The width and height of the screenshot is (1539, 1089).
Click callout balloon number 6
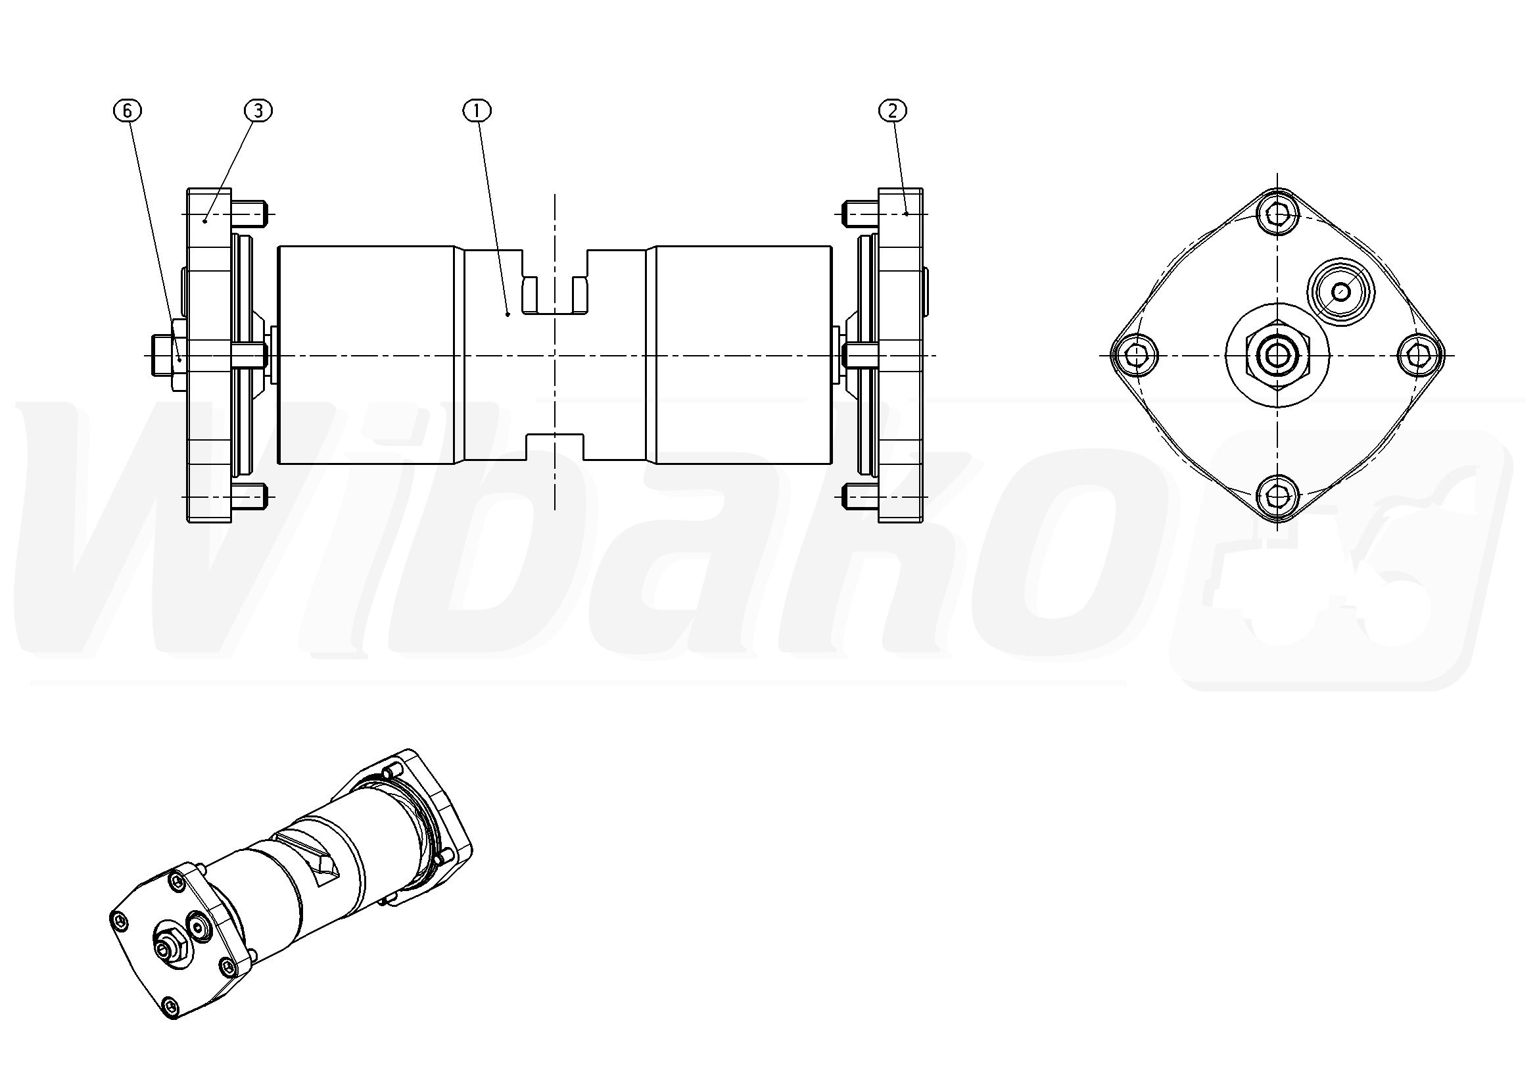[x=128, y=110]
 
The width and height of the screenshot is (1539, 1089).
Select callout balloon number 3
[x=258, y=110]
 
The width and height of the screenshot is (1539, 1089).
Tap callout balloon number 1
[x=477, y=110]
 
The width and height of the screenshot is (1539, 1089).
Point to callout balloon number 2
[x=892, y=110]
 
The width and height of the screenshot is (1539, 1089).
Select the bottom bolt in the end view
[x=1278, y=498]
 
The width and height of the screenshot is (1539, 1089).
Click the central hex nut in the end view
[x=1277, y=354]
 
